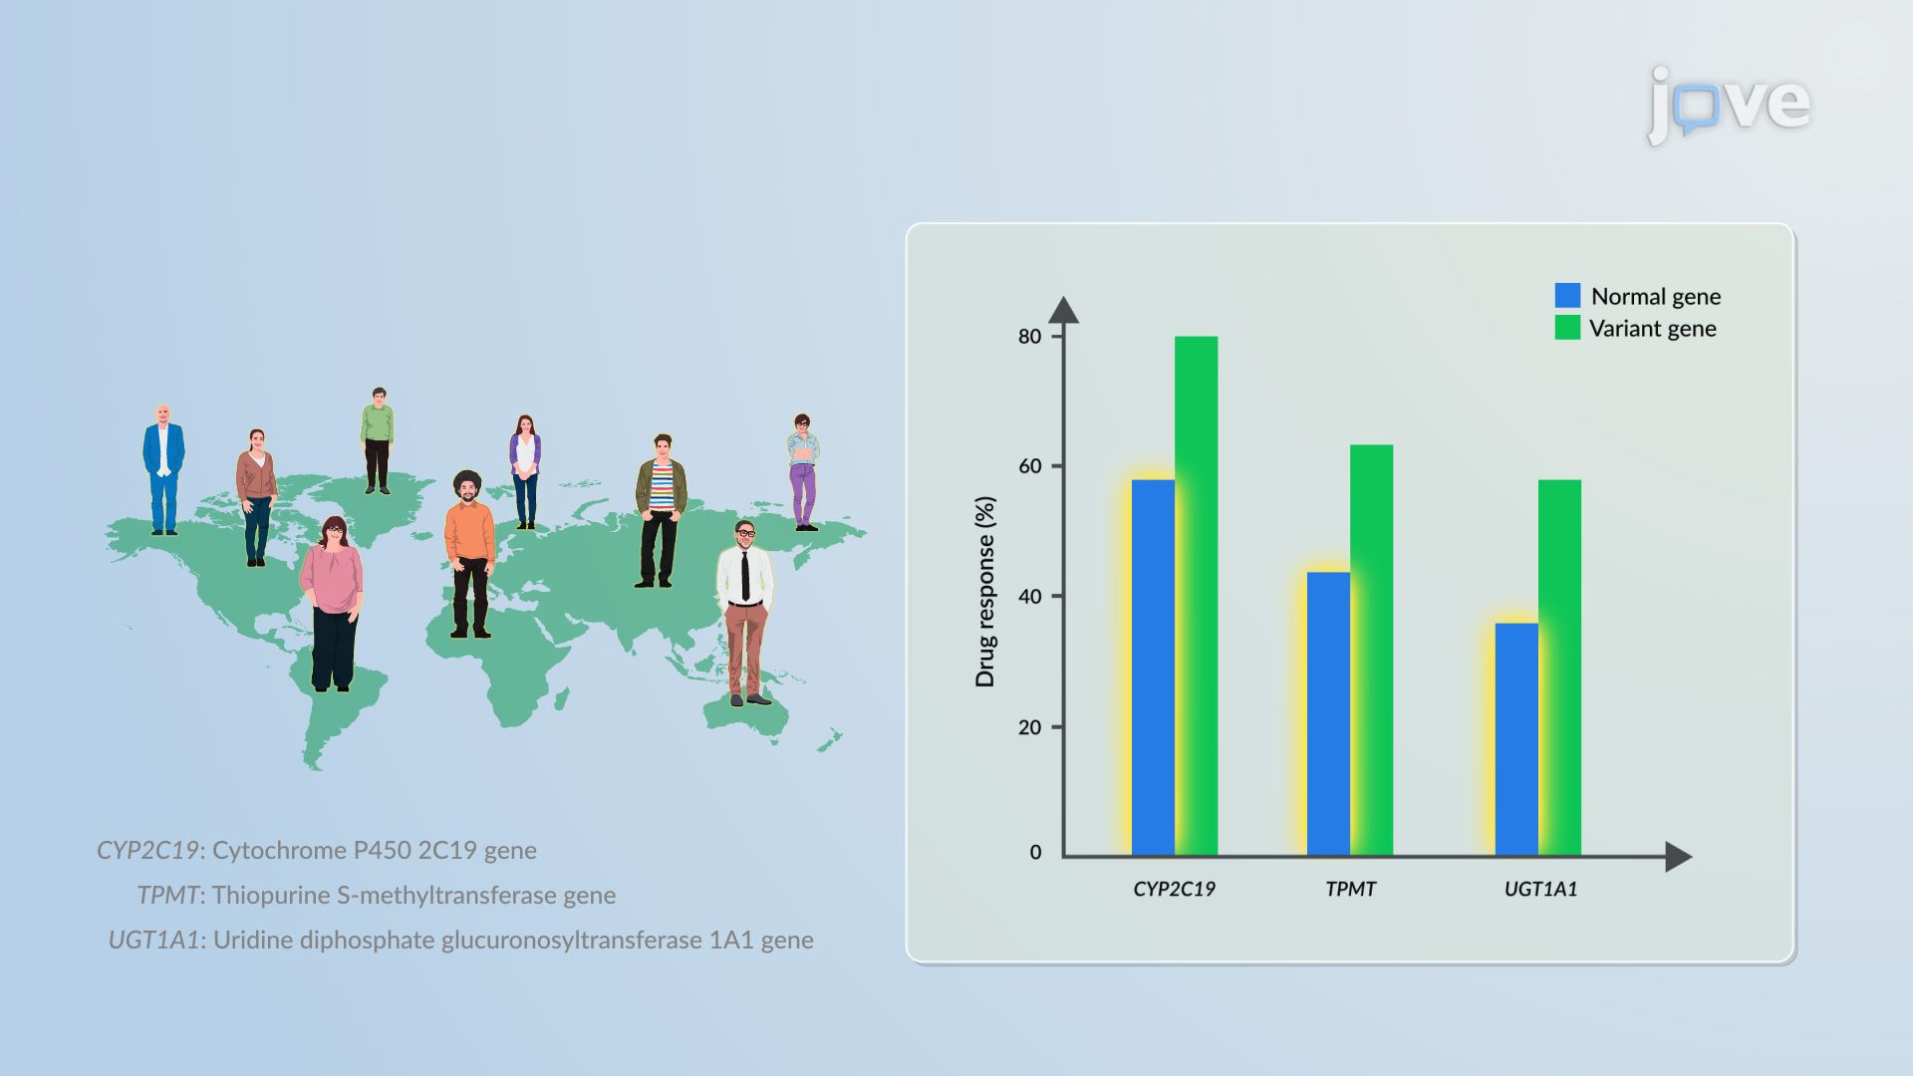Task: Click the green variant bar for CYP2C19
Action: click(x=1196, y=596)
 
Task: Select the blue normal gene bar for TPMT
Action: click(x=1328, y=713)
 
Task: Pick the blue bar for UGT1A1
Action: click(x=1516, y=739)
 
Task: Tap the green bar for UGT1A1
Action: click(x=1559, y=668)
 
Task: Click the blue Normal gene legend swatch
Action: click(x=1567, y=295)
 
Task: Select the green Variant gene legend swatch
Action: click(x=1567, y=327)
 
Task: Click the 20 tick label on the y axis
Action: click(x=1029, y=727)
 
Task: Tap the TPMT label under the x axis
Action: click(x=1350, y=889)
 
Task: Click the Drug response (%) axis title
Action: click(x=984, y=592)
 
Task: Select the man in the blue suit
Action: click(x=163, y=469)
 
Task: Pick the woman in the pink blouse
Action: click(x=332, y=604)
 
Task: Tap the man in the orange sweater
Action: click(x=469, y=554)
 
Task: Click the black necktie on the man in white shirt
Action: click(x=744, y=576)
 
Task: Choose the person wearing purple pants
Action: click(x=803, y=471)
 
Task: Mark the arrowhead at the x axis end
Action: click(x=1679, y=856)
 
